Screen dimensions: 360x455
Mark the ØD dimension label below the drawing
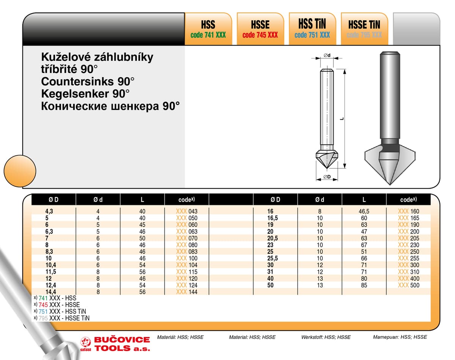327,177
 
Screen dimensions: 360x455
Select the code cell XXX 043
187,211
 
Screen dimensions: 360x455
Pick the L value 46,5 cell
364,211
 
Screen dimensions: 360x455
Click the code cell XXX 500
409,285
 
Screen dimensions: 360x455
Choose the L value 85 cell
364,285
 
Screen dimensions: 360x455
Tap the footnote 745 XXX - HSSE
59,305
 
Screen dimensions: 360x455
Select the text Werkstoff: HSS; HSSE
326,337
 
